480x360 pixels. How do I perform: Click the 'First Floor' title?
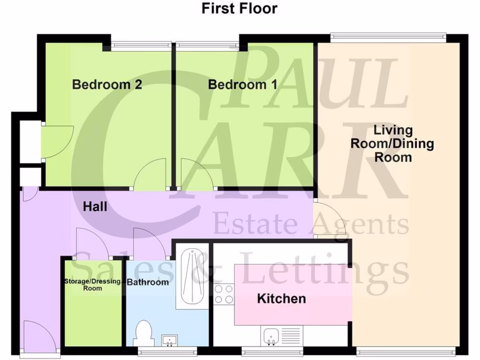click(240, 8)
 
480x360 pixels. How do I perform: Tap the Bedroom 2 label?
click(107, 85)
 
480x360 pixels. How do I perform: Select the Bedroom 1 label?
click(242, 85)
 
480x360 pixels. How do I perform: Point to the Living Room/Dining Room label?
click(393, 143)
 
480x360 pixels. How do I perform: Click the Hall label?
click(95, 206)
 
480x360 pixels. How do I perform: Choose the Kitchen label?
click(281, 299)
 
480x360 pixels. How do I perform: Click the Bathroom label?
click(148, 282)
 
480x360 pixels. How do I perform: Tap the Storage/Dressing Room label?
click(92, 285)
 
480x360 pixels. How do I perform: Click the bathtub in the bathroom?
click(192, 277)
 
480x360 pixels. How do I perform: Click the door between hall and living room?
click(330, 218)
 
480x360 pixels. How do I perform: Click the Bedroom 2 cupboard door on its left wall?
click(56, 142)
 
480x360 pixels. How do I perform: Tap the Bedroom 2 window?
click(140, 45)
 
